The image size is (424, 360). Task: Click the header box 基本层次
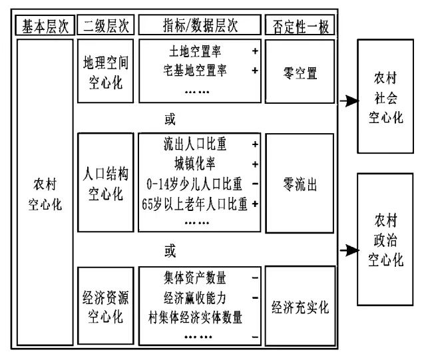click(45, 25)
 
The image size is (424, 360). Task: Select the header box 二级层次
click(106, 25)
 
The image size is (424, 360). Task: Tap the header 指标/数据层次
click(200, 25)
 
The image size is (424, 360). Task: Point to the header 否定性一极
click(300, 25)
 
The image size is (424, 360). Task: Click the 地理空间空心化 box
click(106, 71)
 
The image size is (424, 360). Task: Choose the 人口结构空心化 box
click(106, 182)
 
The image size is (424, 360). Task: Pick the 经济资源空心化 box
click(106, 305)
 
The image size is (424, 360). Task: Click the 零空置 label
click(300, 73)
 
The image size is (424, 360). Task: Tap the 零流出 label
click(300, 184)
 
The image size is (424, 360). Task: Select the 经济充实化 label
click(300, 307)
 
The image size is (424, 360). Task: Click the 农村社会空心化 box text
click(386, 97)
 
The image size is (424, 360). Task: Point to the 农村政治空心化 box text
click(386, 240)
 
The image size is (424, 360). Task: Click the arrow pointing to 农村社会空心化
click(349, 101)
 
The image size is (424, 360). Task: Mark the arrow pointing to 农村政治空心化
click(349, 250)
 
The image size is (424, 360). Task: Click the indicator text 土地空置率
click(195, 51)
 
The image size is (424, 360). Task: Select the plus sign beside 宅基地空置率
click(255, 71)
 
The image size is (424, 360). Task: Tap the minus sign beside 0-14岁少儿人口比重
click(255, 184)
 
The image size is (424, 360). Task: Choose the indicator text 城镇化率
click(194, 164)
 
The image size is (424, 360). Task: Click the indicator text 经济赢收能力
click(194, 298)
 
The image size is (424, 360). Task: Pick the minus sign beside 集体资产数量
click(255, 277)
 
